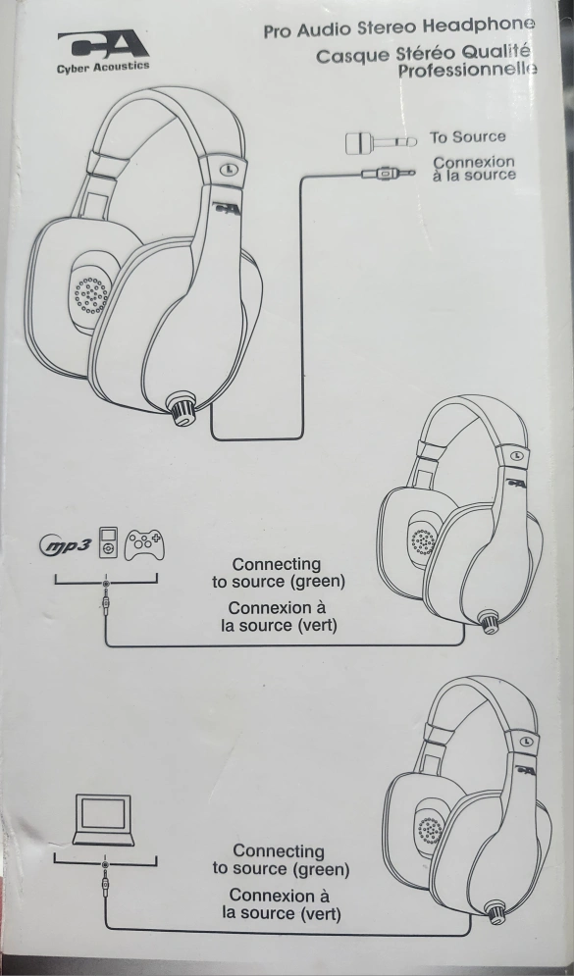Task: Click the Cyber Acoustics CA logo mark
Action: (103, 45)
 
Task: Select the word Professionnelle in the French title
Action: (468, 71)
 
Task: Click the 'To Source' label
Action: (468, 137)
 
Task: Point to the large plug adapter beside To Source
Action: (381, 142)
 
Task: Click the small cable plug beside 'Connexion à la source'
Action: (389, 173)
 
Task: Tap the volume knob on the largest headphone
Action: (182, 408)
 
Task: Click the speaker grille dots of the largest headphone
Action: (91, 294)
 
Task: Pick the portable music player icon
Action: (108, 543)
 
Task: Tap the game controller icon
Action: (144, 544)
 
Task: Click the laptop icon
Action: (103, 820)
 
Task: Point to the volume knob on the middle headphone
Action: (489, 621)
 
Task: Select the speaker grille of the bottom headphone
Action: (430, 830)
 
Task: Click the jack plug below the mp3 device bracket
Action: (106, 602)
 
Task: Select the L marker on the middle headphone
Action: (516, 456)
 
